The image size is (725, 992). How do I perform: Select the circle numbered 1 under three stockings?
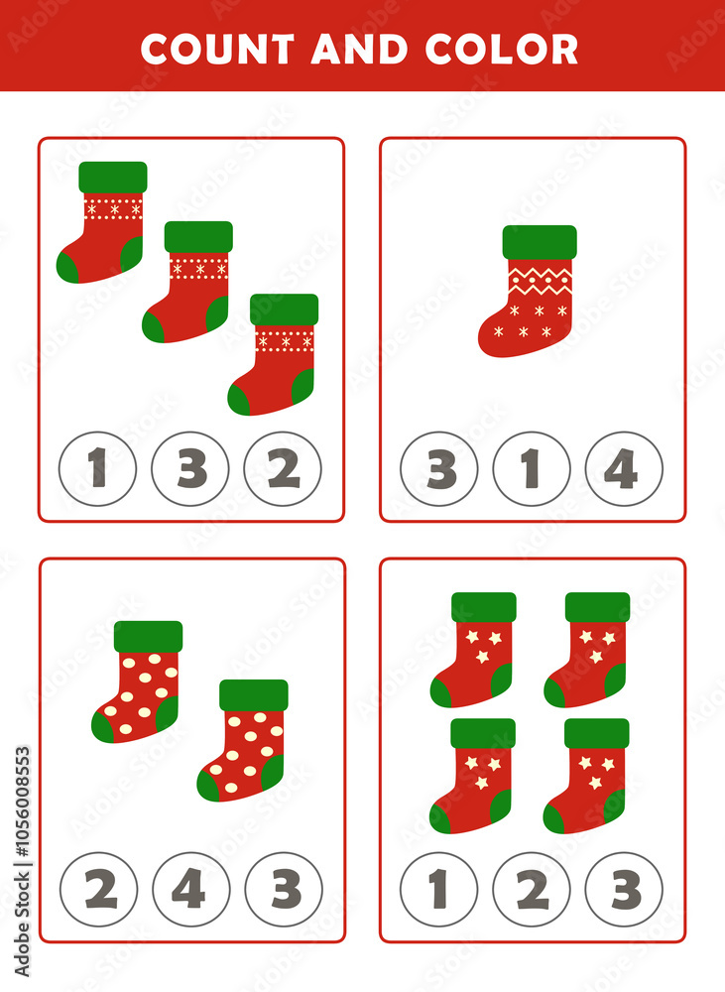pyautogui.click(x=97, y=469)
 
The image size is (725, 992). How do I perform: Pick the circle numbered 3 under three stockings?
pyautogui.click(x=190, y=469)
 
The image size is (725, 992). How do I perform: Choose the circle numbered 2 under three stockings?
pyautogui.click(x=283, y=469)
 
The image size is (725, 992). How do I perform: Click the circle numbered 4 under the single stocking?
pyautogui.click(x=624, y=469)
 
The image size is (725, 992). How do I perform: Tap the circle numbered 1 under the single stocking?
pyautogui.click(x=532, y=469)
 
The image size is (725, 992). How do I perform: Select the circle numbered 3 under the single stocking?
pyautogui.click(x=439, y=469)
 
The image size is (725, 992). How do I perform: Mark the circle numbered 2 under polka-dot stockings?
pyautogui.click(x=99, y=890)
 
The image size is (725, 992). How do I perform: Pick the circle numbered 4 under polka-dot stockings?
pyautogui.click(x=190, y=890)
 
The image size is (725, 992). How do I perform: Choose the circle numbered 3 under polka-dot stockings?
pyautogui.click(x=284, y=890)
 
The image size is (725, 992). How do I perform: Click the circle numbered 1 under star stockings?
pyautogui.click(x=439, y=890)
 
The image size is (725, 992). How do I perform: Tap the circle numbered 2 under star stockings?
pyautogui.click(x=532, y=890)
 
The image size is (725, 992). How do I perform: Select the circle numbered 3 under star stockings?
pyautogui.click(x=624, y=890)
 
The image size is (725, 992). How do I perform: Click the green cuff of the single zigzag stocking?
pyautogui.click(x=540, y=242)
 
